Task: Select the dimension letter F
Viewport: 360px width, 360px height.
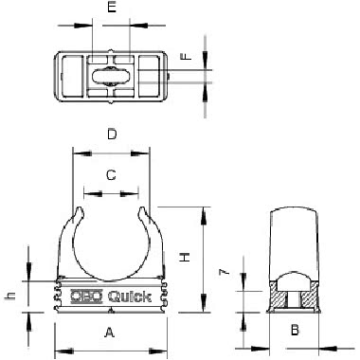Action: [186, 56]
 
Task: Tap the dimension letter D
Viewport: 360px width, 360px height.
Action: [112, 135]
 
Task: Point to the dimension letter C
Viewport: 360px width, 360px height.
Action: [111, 174]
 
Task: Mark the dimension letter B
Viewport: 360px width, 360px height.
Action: [295, 331]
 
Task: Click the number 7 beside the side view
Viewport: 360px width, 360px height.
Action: [224, 272]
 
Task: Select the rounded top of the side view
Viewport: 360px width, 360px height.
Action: [295, 215]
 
